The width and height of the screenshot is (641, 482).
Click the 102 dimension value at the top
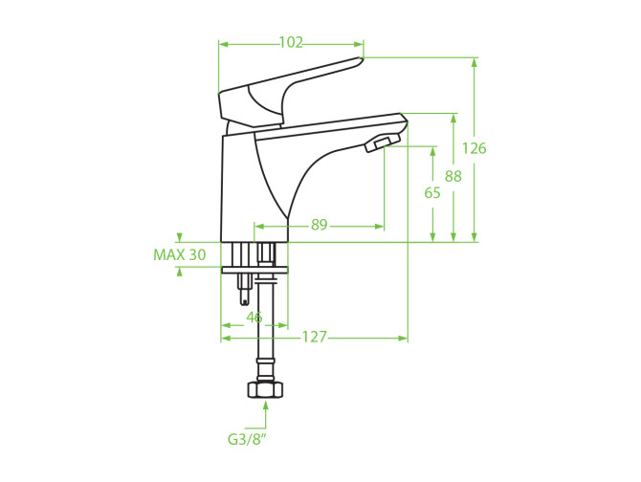tap(291, 42)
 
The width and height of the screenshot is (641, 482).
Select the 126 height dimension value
tap(475, 148)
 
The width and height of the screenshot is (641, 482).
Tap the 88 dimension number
tap(453, 176)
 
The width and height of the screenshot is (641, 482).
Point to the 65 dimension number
tap(432, 192)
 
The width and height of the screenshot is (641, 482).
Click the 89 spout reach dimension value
tap(320, 224)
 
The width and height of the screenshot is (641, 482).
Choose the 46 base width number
tap(254, 317)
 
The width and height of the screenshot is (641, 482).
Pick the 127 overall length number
tap(315, 337)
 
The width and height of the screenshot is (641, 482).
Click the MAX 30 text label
tap(180, 255)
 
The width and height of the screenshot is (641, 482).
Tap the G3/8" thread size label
tap(247, 440)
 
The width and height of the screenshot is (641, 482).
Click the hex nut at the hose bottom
tap(266, 388)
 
